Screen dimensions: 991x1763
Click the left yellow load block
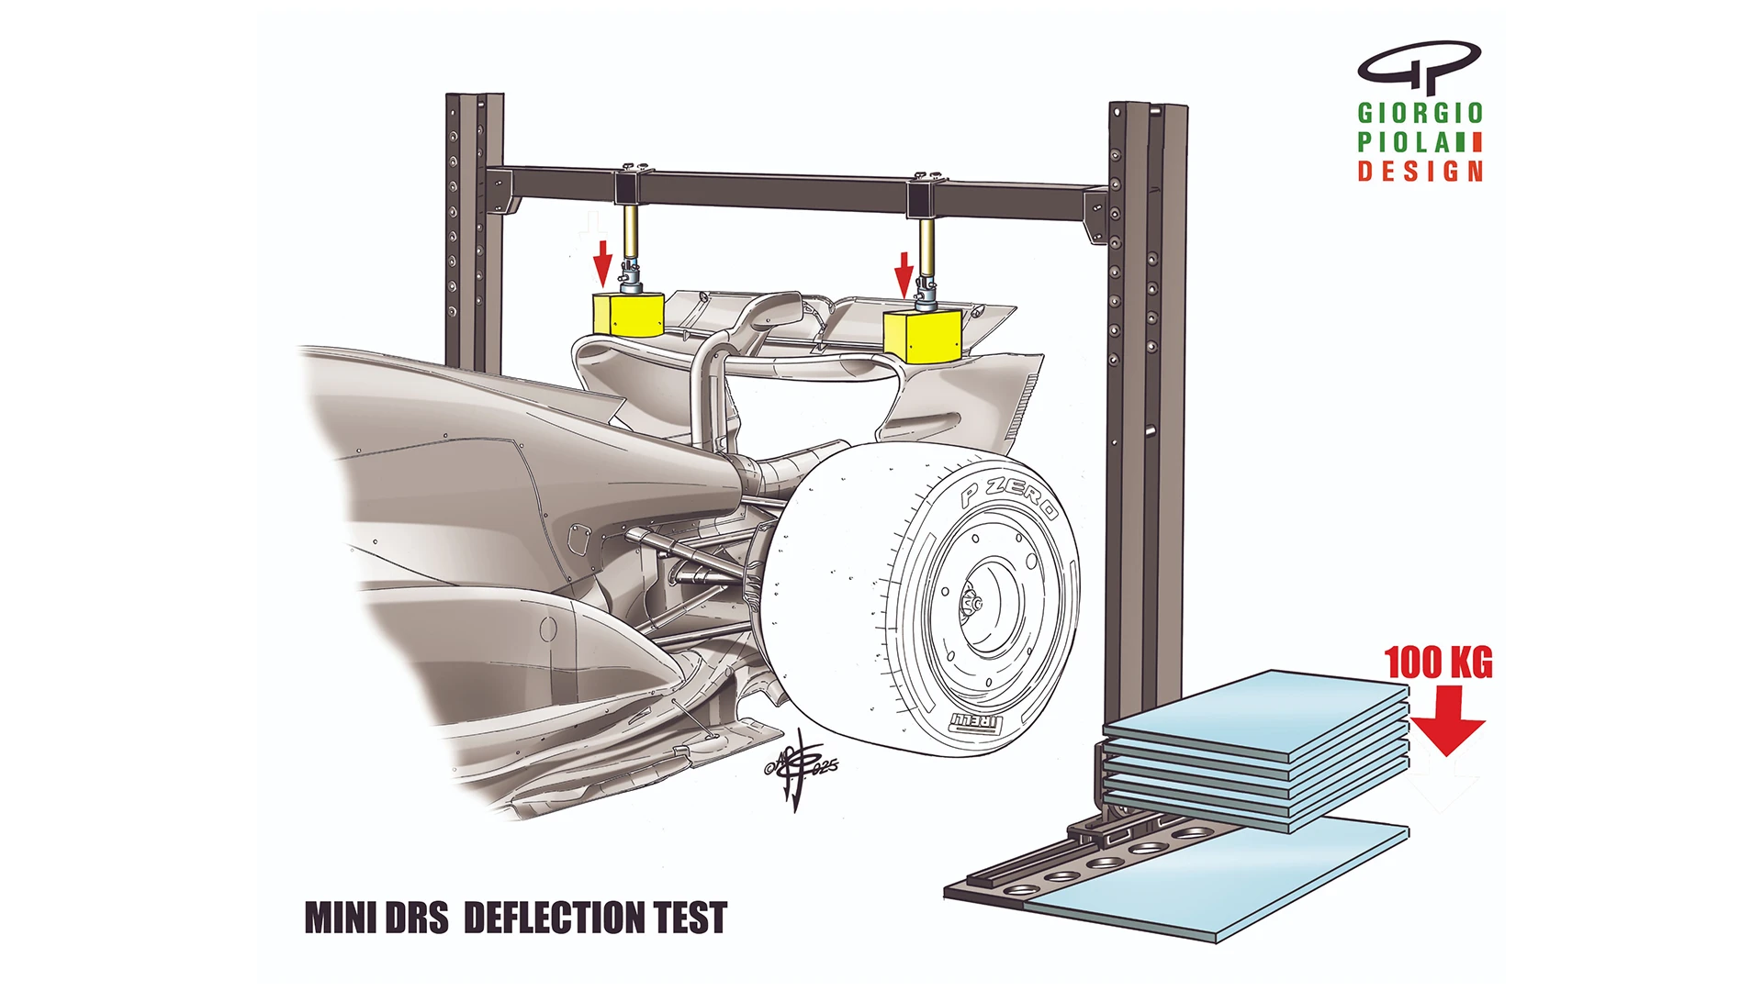[628, 315]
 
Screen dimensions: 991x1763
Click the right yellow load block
[921, 336]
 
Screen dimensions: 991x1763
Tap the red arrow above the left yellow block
[602, 262]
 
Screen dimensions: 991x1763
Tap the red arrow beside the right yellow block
[904, 274]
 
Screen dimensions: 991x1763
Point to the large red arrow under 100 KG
[1447, 719]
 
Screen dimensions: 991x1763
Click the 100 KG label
[1438, 663]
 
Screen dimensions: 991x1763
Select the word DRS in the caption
[416, 918]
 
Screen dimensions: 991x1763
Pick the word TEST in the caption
[691, 918]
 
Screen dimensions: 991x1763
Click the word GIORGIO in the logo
[1421, 113]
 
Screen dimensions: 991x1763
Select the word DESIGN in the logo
[1421, 171]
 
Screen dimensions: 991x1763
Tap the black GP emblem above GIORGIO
[1419, 64]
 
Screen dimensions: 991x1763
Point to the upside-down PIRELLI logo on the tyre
[975, 722]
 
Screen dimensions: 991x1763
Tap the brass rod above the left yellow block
[631, 233]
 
